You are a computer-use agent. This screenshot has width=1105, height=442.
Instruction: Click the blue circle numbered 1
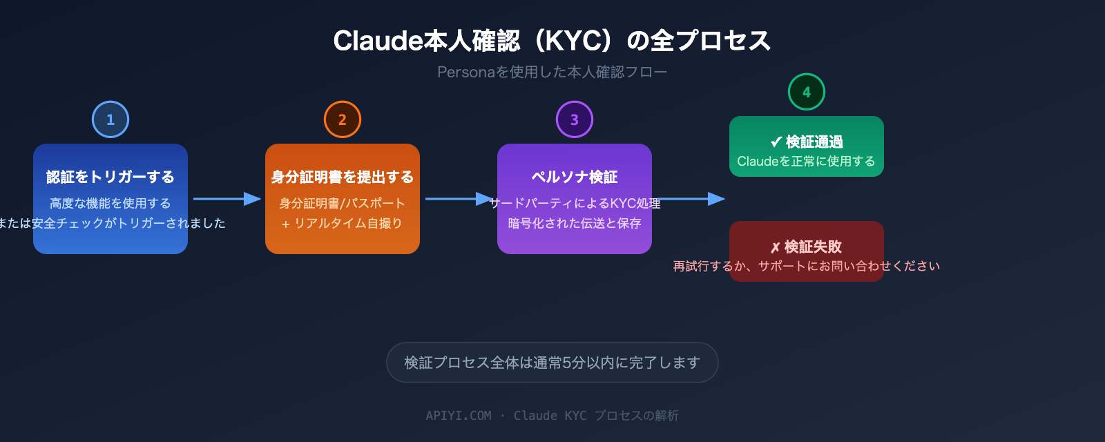tap(110, 119)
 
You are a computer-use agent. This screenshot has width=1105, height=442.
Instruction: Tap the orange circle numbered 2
tap(343, 119)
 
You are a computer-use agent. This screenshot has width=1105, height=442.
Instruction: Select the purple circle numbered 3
tap(575, 119)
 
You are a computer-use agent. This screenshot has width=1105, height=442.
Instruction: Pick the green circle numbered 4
tap(807, 92)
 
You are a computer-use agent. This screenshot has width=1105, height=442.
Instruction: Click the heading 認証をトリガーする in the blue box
tap(110, 177)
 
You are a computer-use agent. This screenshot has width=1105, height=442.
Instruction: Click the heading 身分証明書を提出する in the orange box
tap(343, 177)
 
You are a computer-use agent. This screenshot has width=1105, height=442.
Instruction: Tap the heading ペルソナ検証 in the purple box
tap(575, 177)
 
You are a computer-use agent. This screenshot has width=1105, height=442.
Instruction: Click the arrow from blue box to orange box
tap(227, 199)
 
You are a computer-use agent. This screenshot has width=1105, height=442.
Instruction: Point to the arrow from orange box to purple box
tap(459, 199)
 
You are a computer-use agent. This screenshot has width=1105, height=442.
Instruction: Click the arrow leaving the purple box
tap(691, 199)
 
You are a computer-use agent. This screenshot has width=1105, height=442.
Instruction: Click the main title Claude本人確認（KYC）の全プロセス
tap(552, 41)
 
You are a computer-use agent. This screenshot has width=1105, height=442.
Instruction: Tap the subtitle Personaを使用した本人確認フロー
tap(552, 72)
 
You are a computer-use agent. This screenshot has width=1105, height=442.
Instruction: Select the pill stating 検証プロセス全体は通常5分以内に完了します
tap(552, 363)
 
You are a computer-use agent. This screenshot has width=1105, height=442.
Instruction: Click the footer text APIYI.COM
tap(459, 416)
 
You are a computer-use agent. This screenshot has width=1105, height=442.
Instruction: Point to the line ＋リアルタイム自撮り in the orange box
tap(343, 223)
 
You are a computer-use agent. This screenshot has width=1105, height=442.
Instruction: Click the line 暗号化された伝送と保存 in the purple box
tap(575, 223)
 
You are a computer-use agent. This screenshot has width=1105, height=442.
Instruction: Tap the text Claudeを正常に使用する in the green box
tap(807, 161)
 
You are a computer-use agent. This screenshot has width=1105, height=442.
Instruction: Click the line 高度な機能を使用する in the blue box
tap(110, 203)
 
